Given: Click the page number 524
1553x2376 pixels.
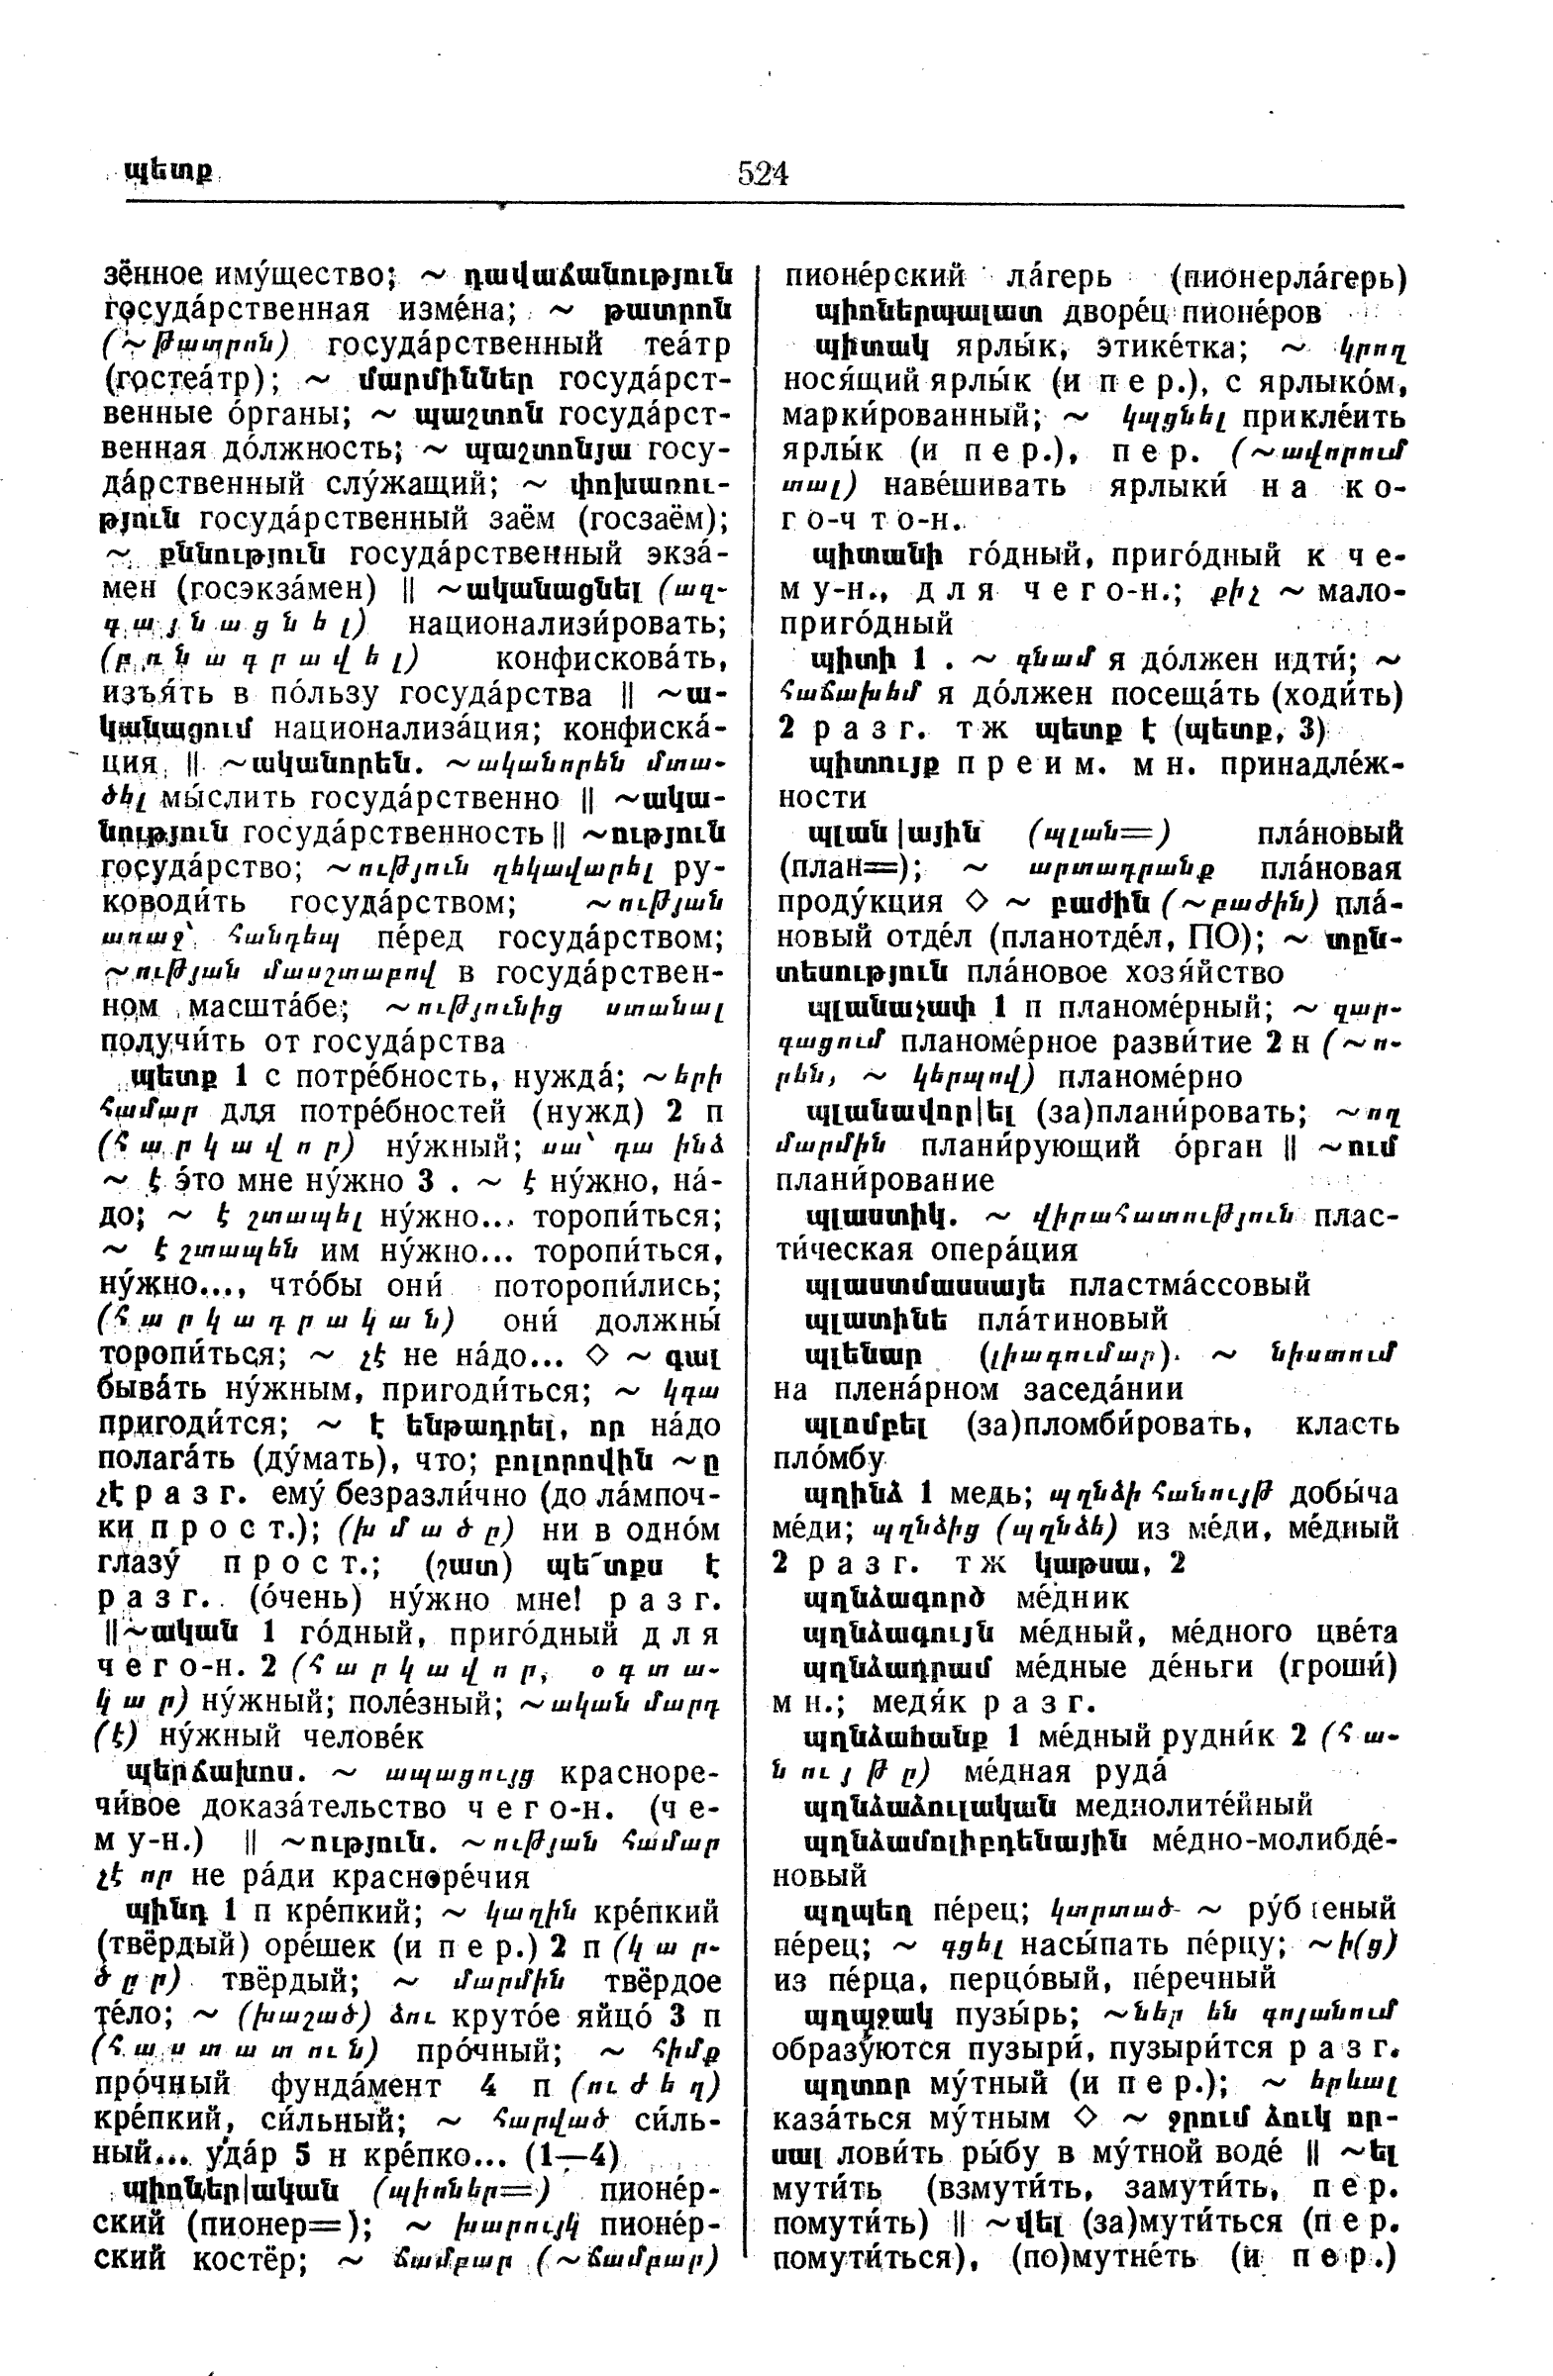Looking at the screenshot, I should tap(763, 173).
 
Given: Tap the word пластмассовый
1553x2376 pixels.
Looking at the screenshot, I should tap(1190, 1285).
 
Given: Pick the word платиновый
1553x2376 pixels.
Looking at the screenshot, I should tap(1072, 1320).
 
